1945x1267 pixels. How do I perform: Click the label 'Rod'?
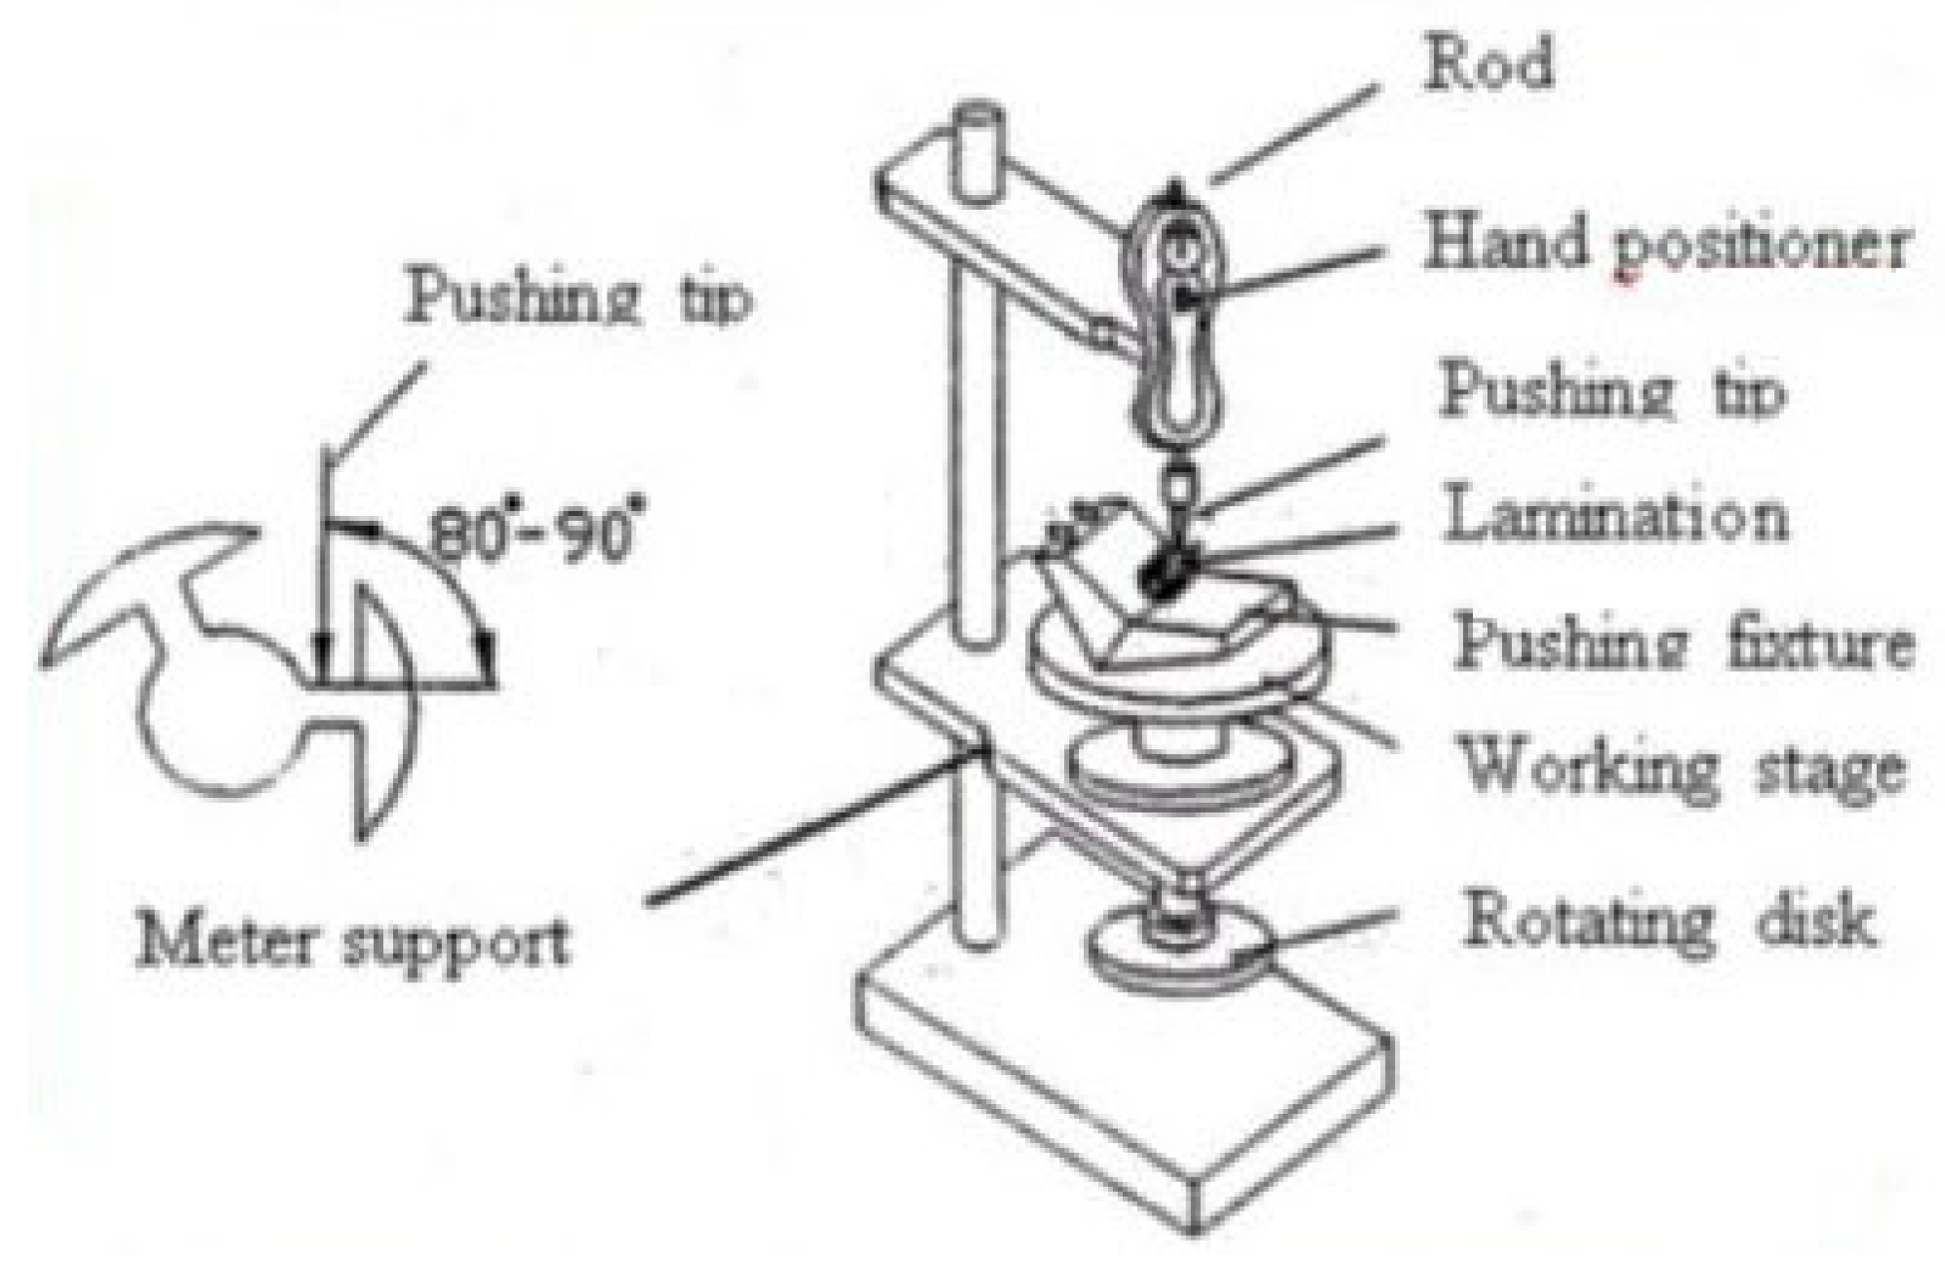pyautogui.click(x=1488, y=65)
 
